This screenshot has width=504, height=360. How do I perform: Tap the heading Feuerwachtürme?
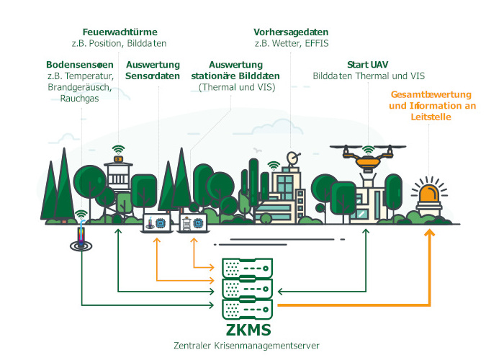(120, 32)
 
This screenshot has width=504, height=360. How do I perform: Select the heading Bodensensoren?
(80, 64)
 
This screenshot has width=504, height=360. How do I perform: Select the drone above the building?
(368, 153)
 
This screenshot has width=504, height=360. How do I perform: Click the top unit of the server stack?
(247, 267)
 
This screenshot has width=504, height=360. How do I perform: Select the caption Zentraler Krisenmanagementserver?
(246, 346)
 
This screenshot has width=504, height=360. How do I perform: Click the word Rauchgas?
(80, 98)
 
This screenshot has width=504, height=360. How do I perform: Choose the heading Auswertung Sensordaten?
(153, 70)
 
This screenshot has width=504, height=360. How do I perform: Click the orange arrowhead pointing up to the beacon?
(430, 233)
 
